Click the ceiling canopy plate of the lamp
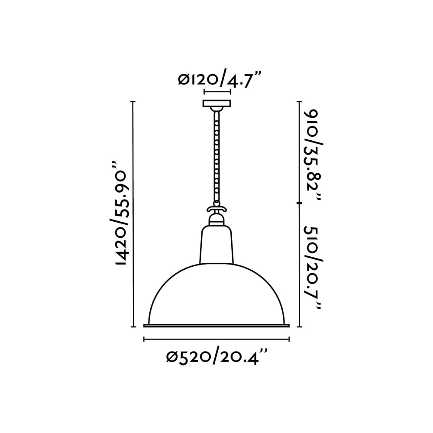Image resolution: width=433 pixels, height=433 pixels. [x=217, y=104]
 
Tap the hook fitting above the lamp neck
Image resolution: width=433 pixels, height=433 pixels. [x=216, y=210]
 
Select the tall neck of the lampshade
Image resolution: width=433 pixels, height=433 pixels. [x=216, y=245]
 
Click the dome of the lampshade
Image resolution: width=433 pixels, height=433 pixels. [x=216, y=294]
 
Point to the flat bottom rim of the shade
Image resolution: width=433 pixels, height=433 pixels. [x=216, y=325]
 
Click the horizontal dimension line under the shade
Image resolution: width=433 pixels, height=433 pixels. [x=216, y=339]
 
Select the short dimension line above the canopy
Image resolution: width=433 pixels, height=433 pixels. [x=217, y=92]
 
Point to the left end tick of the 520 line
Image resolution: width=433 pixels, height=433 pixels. [x=144, y=339]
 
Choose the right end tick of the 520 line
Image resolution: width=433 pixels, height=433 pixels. [x=289, y=339]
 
